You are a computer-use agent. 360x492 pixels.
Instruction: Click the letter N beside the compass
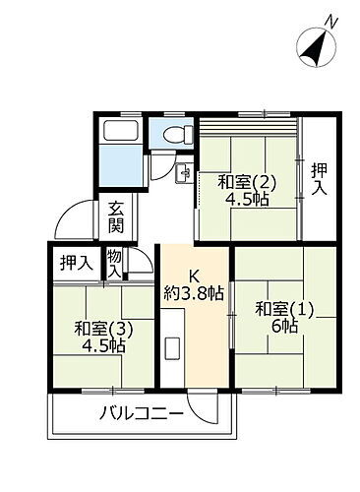tap(333, 21)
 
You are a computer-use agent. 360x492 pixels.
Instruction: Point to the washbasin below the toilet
tap(184, 174)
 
